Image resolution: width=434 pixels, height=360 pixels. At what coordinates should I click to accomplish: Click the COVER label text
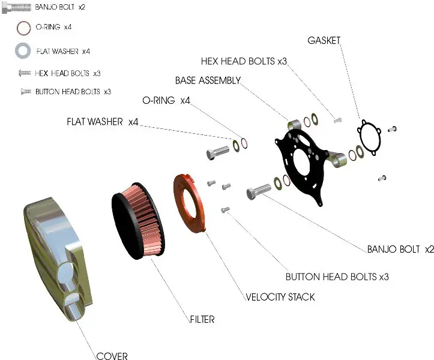[x=112, y=356]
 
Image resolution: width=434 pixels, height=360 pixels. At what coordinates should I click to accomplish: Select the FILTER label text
[x=202, y=320]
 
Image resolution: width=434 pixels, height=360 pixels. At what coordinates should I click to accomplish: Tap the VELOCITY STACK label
[x=280, y=297]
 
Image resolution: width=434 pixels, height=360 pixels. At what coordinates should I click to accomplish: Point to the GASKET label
[x=324, y=41]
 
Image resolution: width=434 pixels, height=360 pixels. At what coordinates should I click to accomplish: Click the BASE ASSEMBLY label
[x=208, y=80]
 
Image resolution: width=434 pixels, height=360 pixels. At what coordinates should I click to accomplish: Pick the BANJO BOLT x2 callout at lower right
[x=400, y=249]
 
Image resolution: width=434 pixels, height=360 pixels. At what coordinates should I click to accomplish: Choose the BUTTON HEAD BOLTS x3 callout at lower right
[x=337, y=277]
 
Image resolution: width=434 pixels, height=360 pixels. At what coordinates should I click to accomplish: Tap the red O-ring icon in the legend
[x=23, y=28]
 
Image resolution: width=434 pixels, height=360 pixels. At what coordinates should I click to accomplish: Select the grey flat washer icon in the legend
[x=23, y=51]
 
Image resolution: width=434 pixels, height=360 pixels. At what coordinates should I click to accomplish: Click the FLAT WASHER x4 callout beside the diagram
[x=102, y=122]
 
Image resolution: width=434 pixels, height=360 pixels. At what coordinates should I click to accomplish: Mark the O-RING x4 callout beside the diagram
[x=166, y=100]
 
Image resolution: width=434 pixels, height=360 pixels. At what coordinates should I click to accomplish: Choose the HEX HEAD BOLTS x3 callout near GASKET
[x=244, y=62]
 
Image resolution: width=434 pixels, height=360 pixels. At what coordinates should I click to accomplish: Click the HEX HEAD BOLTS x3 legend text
[x=67, y=73]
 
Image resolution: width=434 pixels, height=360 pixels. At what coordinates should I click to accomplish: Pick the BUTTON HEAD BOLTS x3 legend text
[x=73, y=92]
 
